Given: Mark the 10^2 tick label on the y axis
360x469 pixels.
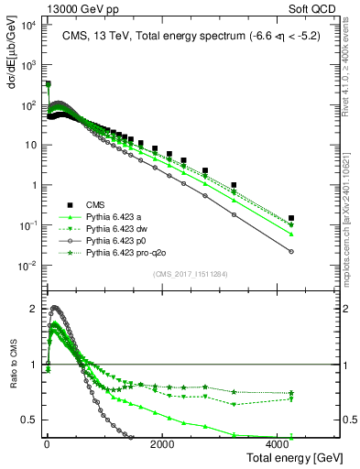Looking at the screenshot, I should tap(28, 105).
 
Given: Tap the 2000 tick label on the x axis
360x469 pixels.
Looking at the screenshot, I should tap(162, 443).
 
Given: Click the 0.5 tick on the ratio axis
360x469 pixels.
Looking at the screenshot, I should tap(28, 420).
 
